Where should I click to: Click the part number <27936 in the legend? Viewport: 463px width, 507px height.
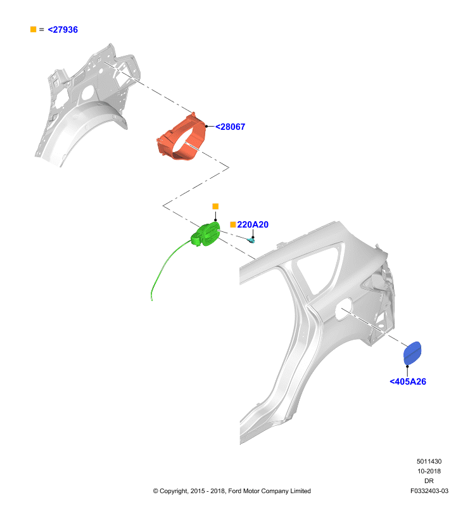[x=63, y=29]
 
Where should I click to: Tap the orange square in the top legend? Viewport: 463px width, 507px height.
[x=33, y=29]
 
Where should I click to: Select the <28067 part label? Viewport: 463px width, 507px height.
[x=230, y=127]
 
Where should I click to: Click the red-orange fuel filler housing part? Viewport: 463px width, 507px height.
[x=181, y=138]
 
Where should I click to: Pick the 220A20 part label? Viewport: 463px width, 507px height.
[x=253, y=224]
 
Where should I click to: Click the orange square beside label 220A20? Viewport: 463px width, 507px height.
[x=232, y=224]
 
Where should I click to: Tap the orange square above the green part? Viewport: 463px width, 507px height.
[x=215, y=207]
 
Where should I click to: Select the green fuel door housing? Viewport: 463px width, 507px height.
[x=205, y=234]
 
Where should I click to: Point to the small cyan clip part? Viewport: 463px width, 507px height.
[x=251, y=240]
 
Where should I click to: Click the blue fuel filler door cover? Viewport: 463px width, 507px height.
[x=412, y=353]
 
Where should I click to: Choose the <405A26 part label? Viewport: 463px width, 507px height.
[x=408, y=382]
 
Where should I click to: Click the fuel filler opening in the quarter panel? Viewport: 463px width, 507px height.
[x=343, y=309]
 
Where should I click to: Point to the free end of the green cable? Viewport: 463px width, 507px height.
[x=152, y=300]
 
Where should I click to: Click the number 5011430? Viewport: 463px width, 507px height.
[x=429, y=461]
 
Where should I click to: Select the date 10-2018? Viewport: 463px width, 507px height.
[x=429, y=471]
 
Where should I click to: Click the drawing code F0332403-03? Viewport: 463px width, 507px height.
[x=429, y=491]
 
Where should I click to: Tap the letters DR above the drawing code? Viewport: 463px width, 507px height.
[x=429, y=481]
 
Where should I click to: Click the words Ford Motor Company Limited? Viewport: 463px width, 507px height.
[x=269, y=491]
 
